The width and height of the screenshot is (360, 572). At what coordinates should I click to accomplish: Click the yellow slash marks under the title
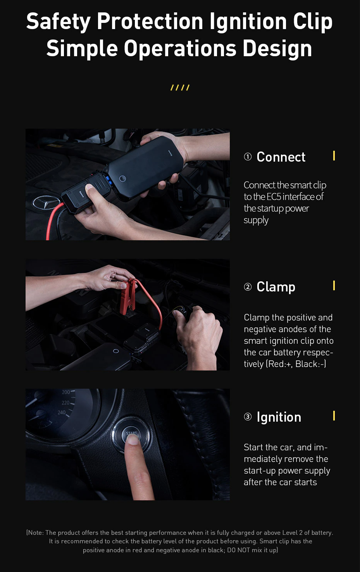[x=180, y=88]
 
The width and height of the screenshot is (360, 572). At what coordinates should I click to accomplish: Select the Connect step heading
[x=281, y=157]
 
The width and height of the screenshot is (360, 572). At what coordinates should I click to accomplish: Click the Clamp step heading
[x=276, y=287]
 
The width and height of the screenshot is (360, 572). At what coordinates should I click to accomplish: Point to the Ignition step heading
[x=279, y=417]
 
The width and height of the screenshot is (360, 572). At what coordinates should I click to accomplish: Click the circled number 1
[x=248, y=157]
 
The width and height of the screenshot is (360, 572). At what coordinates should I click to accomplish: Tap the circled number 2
[x=248, y=287]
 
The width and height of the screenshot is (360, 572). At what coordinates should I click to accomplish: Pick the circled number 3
[x=248, y=417]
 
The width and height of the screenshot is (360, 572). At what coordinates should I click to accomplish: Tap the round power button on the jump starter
[x=122, y=179]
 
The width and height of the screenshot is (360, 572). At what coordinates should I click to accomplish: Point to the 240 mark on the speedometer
[x=62, y=412]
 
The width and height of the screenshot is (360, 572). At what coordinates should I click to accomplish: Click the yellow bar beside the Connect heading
[x=334, y=156]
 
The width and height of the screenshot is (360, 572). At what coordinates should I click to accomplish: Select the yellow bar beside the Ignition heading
[x=334, y=416]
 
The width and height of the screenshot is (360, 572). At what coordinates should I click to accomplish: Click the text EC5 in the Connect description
[x=274, y=197]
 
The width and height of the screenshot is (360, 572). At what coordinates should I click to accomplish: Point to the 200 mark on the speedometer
[x=66, y=392]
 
